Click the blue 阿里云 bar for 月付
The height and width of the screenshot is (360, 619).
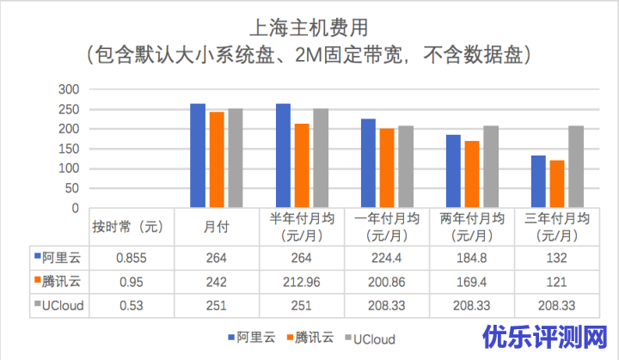point(197,156)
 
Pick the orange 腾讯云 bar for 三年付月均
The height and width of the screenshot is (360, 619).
point(557,184)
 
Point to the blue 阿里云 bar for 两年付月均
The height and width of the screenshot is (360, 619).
point(453,171)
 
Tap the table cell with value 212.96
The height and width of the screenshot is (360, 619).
point(302,280)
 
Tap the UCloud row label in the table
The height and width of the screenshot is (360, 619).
point(61,304)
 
